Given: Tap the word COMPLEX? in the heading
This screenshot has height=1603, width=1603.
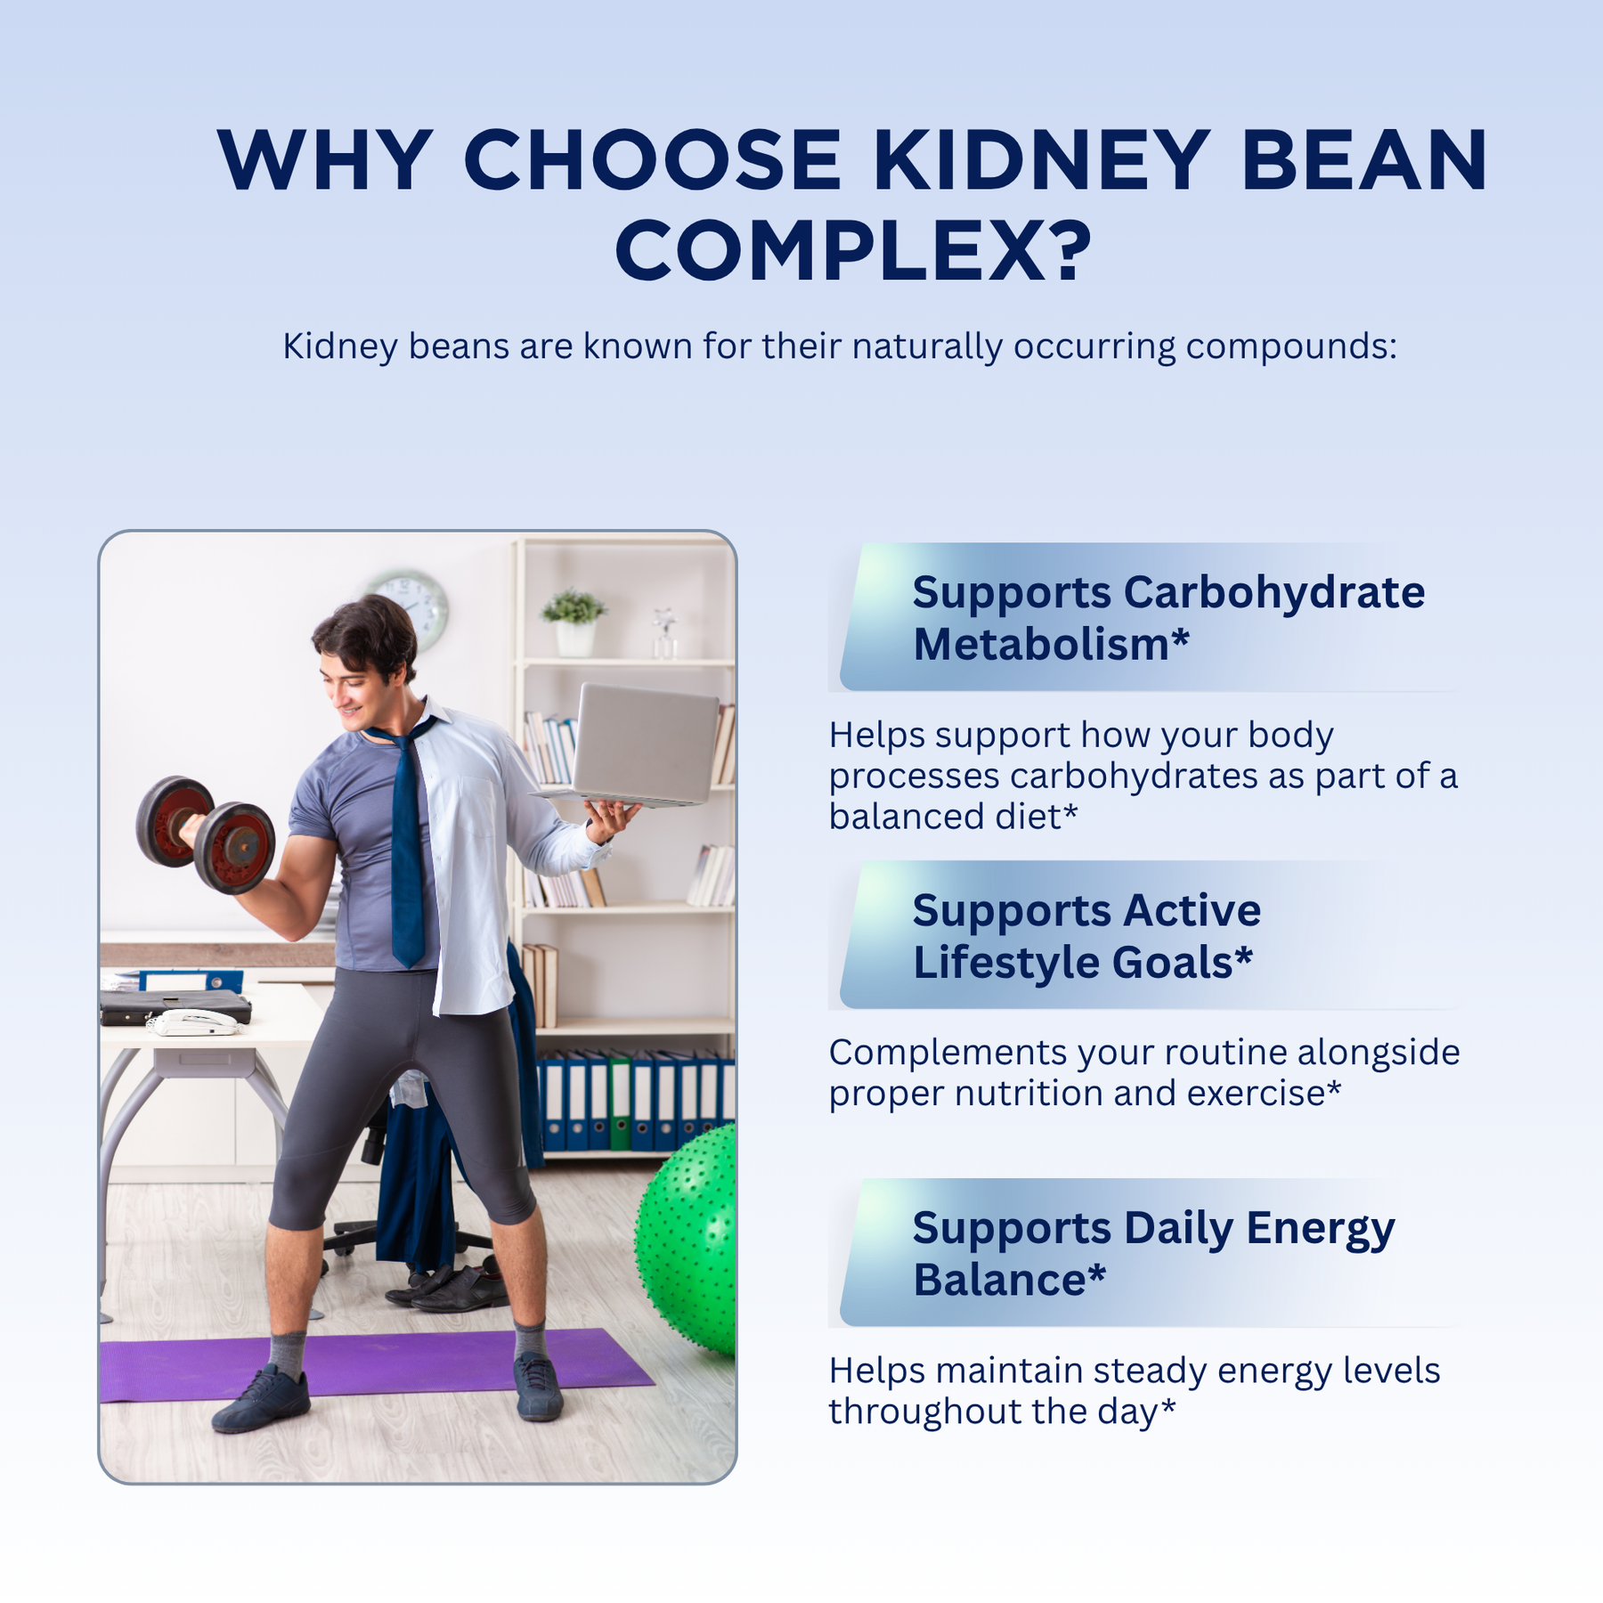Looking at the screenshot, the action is coord(854,251).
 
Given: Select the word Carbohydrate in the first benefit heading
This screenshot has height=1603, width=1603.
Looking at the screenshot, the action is coord(1274,592).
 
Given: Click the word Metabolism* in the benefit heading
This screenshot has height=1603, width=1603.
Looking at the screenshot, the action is coord(1051,644).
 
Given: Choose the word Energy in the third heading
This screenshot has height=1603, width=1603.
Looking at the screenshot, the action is coord(1320,1230).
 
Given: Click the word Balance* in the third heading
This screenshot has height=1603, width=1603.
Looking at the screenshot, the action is coord(1009,1280).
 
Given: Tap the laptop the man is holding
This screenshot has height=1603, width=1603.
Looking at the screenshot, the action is coord(634,746).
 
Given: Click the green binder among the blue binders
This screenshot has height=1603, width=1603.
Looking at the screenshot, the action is coord(620,1102).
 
